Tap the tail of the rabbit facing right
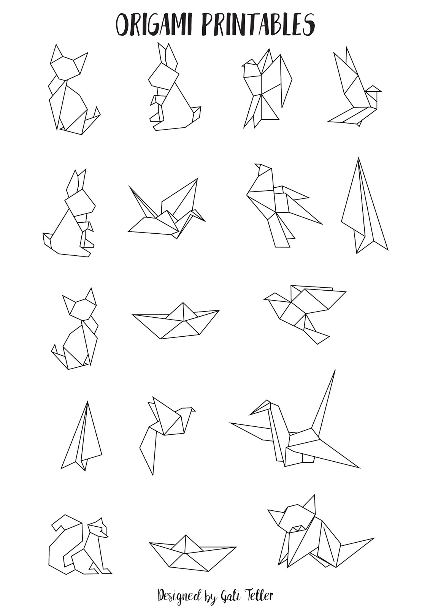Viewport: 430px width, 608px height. tap(47, 239)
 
